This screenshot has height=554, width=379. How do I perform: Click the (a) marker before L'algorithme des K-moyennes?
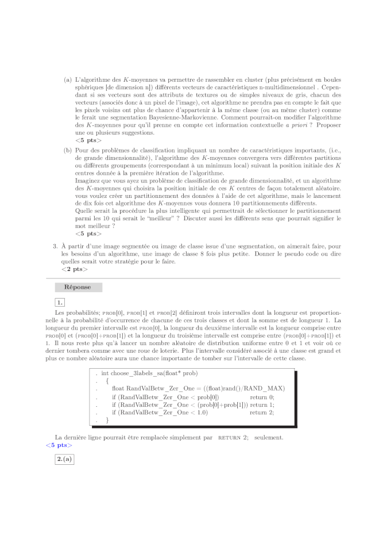(68, 80)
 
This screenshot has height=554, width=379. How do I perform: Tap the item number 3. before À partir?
(55, 246)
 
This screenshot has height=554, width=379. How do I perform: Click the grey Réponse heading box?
(78, 287)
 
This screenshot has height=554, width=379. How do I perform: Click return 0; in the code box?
(262, 396)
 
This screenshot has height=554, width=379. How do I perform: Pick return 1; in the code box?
(262, 404)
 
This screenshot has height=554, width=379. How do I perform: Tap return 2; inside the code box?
(262, 412)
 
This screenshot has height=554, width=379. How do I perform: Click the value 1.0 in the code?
(200, 412)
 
